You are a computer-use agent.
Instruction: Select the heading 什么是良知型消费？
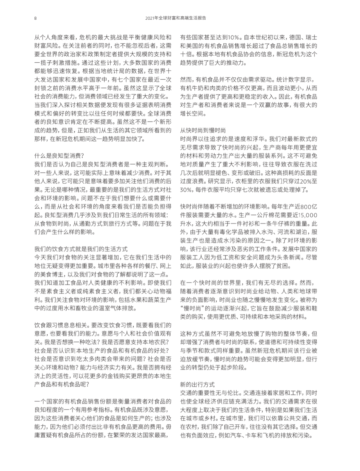click(x=59, y=156)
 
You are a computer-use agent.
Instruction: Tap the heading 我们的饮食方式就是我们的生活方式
click(x=81, y=249)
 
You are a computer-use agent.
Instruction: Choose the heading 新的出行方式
click(x=197, y=384)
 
